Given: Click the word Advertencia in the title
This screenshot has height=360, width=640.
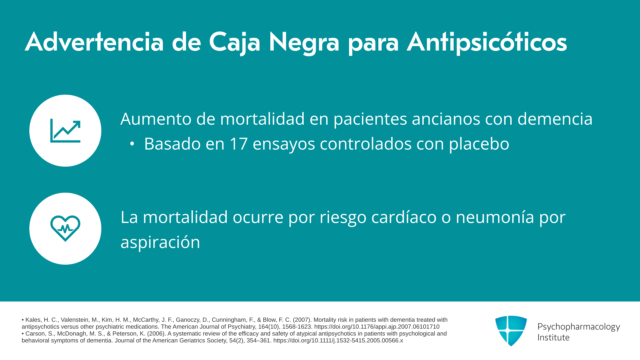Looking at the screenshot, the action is coord(94,42).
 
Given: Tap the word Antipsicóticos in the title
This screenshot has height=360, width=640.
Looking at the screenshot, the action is coord(487,43).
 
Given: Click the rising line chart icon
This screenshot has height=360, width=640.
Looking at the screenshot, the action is coord(65,131).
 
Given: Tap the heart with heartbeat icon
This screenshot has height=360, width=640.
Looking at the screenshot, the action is coord(65,228).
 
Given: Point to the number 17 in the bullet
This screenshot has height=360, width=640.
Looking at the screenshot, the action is coord(239,144).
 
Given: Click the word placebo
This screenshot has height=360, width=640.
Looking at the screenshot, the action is coord(479,144).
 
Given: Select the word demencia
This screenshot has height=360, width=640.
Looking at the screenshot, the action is coord(555,119).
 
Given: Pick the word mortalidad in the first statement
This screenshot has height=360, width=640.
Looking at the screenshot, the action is coord(262,119).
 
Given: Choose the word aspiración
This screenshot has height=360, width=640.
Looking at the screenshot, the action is coord(160,243).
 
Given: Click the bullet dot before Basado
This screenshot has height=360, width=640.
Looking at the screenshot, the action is coord(132,144).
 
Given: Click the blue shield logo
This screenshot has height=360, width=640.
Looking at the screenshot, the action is coord(511,331).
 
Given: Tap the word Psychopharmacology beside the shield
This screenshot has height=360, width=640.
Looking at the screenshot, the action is coord(579,327).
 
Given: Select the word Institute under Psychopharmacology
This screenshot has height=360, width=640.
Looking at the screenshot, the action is coord(553,337).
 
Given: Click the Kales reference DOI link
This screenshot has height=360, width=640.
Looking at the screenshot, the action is coord(377,327).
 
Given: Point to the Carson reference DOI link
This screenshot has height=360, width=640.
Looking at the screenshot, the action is coord(338,341).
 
